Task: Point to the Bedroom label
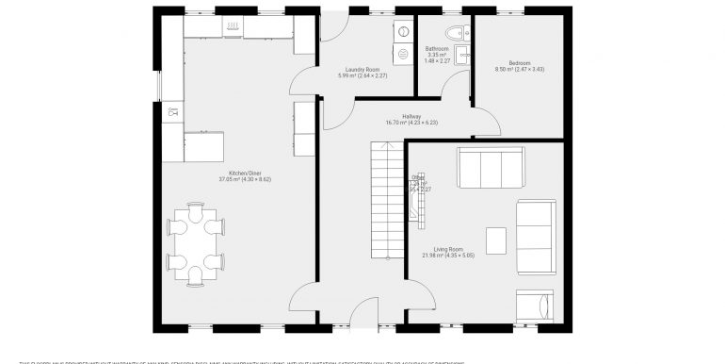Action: pyautogui.click(x=520, y=66)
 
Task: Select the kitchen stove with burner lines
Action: pyautogui.click(x=234, y=31)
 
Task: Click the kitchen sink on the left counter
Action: pyautogui.click(x=171, y=113)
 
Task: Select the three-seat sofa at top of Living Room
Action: pyautogui.click(x=482, y=167)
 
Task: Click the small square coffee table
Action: pyautogui.click(x=496, y=238)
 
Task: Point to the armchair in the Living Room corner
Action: pyautogui.click(x=534, y=304)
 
